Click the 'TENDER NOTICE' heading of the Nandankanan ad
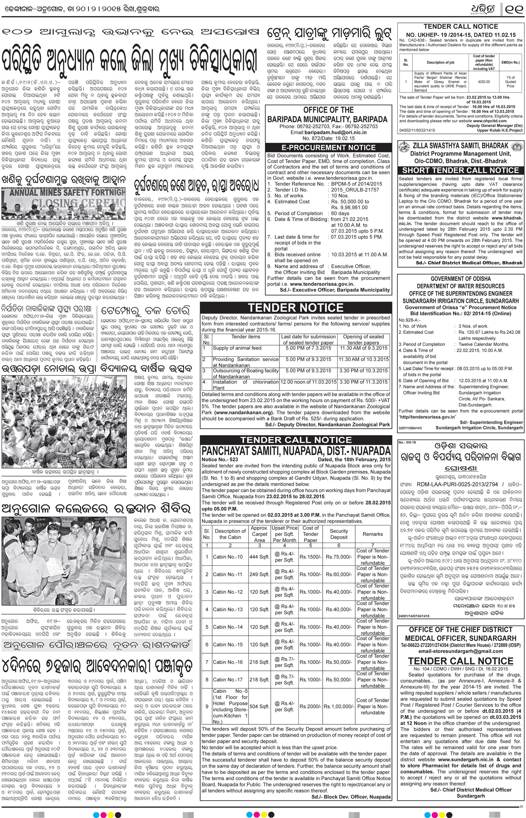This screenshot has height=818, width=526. click(x=296, y=308)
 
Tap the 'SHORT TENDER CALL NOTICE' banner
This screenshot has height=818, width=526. click(x=460, y=170)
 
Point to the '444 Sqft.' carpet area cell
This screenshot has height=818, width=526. click(x=259, y=557)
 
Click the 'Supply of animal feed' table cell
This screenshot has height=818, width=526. click(x=237, y=348)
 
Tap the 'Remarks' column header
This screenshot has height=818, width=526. click(x=372, y=534)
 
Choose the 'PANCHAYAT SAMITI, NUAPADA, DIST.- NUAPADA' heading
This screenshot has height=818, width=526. click(x=296, y=450)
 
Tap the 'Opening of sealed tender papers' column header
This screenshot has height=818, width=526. click(x=364, y=339)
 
